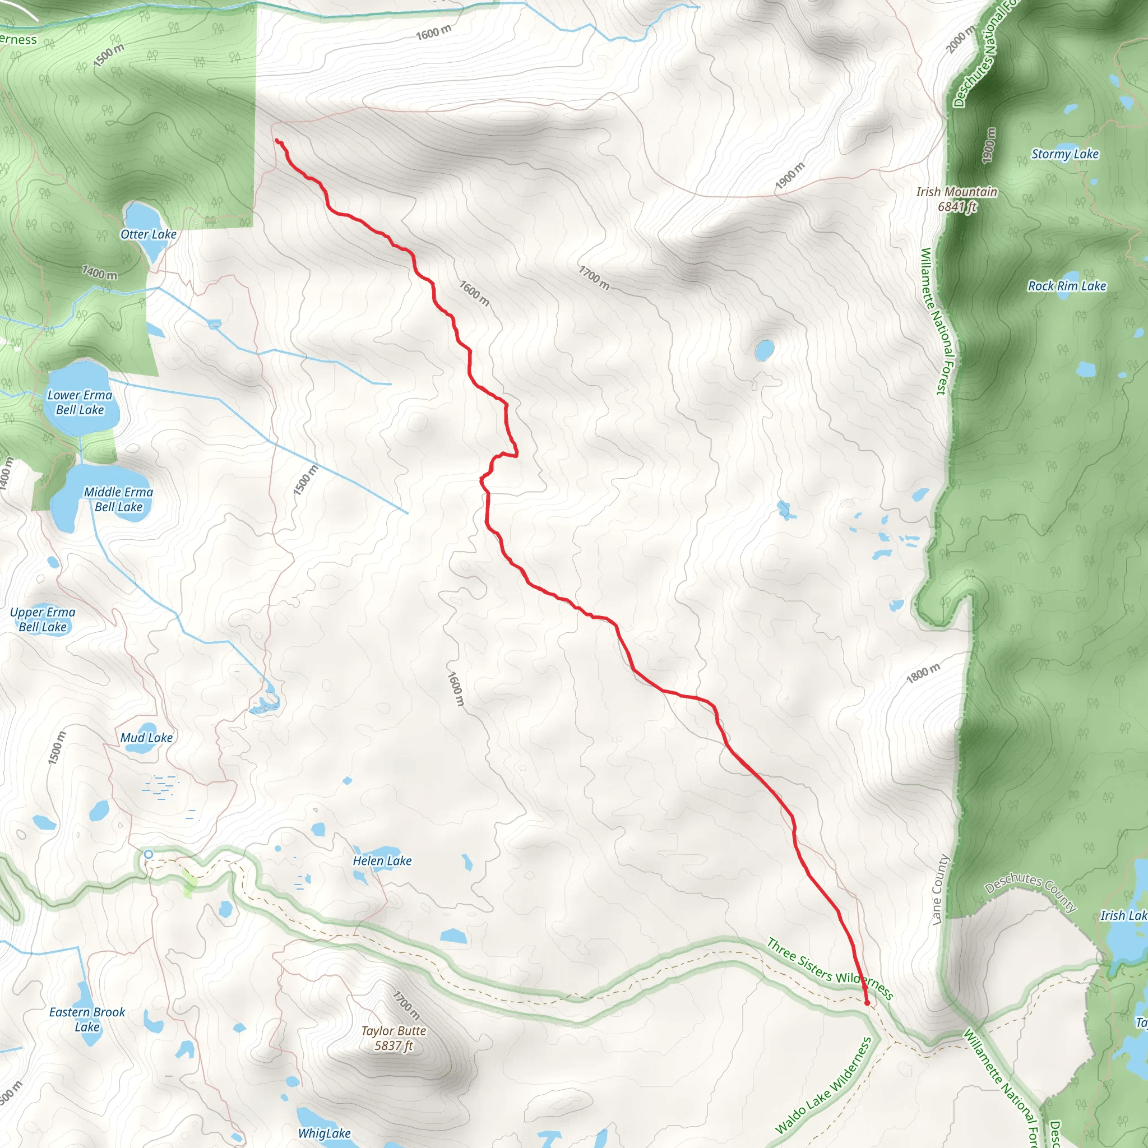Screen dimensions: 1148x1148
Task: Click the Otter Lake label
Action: tap(148, 234)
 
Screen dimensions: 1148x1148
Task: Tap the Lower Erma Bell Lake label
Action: tap(80, 402)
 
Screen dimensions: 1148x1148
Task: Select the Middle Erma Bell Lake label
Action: tap(118, 499)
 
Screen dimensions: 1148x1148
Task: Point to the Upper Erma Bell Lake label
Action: tap(43, 619)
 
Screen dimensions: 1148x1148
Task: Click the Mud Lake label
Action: tap(146, 738)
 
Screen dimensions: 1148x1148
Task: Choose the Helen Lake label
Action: tap(382, 860)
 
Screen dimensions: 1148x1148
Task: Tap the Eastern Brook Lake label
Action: tap(87, 1019)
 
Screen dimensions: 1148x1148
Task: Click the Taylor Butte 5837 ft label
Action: tap(394, 1038)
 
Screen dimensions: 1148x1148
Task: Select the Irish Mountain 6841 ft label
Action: tap(956, 199)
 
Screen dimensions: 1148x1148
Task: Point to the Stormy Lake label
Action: tap(1065, 154)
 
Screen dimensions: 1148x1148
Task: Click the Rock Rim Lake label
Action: tap(1067, 286)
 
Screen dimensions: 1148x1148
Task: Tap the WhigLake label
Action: tap(324, 1133)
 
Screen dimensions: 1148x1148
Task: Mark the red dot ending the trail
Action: tap(867, 1003)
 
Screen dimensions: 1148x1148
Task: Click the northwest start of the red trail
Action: tap(277, 140)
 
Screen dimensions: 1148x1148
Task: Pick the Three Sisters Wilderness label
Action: tap(830, 969)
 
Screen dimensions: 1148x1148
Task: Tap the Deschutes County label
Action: tap(1030, 891)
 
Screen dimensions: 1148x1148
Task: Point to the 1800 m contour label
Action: tap(923, 673)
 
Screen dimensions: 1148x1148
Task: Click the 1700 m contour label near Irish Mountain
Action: tap(594, 277)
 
